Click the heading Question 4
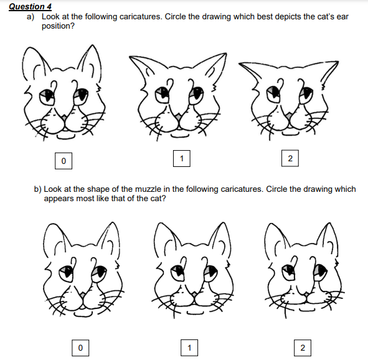point(30,7)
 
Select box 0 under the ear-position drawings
point(64,161)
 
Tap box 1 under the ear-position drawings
point(182,159)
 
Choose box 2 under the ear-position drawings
point(290,158)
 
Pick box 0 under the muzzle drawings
point(80,348)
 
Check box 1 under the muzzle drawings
point(189,348)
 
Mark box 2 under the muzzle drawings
point(303,348)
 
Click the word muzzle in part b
point(148,189)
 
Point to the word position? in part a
point(58,26)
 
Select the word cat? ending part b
point(158,199)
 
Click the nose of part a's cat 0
point(64,117)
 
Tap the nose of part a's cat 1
point(178,116)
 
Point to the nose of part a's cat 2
point(289,115)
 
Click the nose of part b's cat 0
point(82,295)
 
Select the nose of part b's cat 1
point(194,294)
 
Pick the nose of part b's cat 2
point(306,294)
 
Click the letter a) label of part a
point(31,17)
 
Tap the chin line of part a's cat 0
point(67,137)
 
